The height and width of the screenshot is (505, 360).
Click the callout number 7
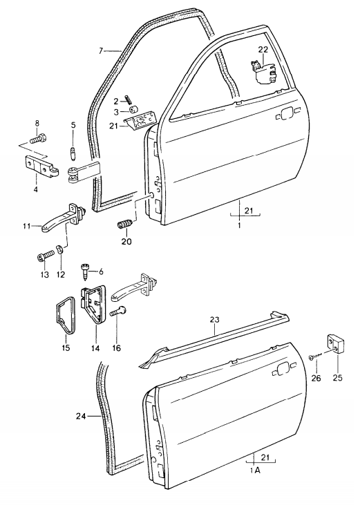101,50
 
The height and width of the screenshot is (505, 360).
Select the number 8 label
37,124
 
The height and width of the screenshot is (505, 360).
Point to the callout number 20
126,242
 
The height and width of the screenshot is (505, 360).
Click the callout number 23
215,320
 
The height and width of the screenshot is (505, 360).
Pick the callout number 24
82,416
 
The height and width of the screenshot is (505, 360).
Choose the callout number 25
338,378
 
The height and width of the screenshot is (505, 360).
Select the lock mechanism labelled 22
264,73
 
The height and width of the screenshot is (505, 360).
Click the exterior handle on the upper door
286,114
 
